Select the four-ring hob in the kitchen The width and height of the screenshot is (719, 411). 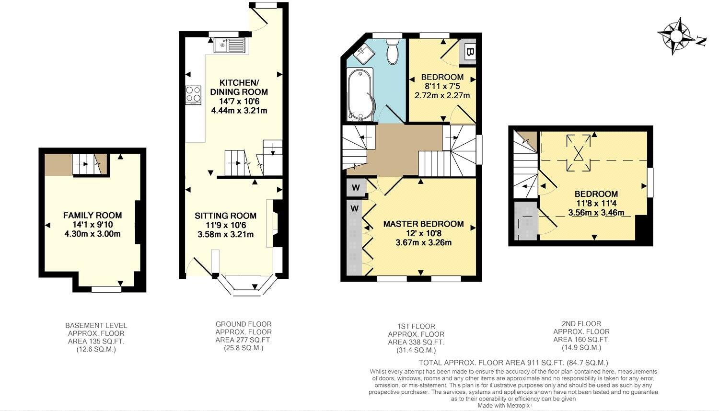click(x=194, y=95)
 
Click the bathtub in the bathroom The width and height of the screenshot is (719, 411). click(x=359, y=95)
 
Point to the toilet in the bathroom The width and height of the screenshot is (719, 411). click(x=392, y=52)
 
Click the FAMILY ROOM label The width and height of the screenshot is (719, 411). click(x=93, y=216)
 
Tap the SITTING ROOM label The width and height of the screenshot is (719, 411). click(x=225, y=216)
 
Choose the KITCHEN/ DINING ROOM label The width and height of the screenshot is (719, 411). click(x=239, y=87)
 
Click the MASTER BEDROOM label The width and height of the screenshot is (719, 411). click(x=423, y=224)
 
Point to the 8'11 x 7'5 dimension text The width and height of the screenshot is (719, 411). click(x=442, y=86)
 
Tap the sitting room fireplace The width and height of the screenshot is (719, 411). click(x=277, y=224)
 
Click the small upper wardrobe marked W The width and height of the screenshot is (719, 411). click(x=356, y=188)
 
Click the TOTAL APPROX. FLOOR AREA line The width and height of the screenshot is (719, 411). click(x=513, y=363)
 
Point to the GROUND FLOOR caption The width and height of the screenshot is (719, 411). click(x=244, y=324)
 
